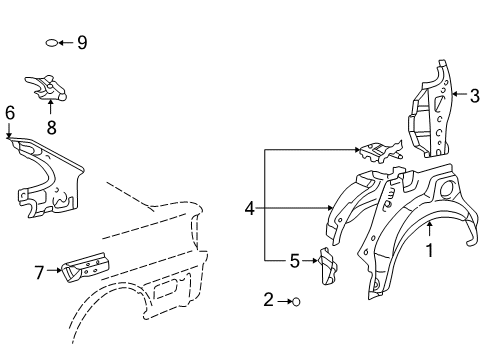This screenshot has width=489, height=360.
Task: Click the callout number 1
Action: [431, 251]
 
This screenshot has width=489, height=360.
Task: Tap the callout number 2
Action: [268, 299]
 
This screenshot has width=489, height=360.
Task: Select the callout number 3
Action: [475, 96]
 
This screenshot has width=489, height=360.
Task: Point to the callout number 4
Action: [249, 209]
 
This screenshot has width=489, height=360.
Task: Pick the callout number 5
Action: [295, 261]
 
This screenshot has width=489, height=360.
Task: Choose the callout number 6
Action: [9, 114]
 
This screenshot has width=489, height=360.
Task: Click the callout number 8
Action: [50, 127]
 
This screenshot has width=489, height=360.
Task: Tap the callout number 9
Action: [82, 42]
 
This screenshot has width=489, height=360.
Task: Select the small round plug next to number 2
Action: [296, 299]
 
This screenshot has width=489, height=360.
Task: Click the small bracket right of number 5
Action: [326, 267]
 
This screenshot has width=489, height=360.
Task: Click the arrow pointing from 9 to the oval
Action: [66, 42]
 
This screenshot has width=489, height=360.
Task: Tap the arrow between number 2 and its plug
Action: [282, 299]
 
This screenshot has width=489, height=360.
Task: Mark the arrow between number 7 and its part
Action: [53, 270]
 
